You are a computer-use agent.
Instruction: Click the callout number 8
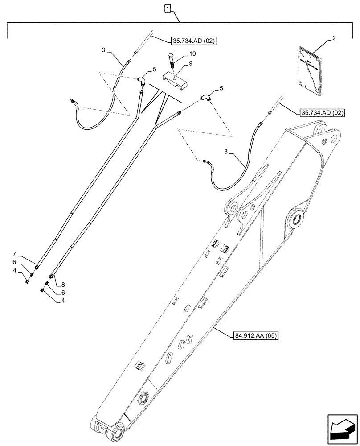(x=62, y=284)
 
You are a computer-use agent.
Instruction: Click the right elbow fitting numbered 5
(x=206, y=98)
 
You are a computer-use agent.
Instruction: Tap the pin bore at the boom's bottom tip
(x=119, y=432)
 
